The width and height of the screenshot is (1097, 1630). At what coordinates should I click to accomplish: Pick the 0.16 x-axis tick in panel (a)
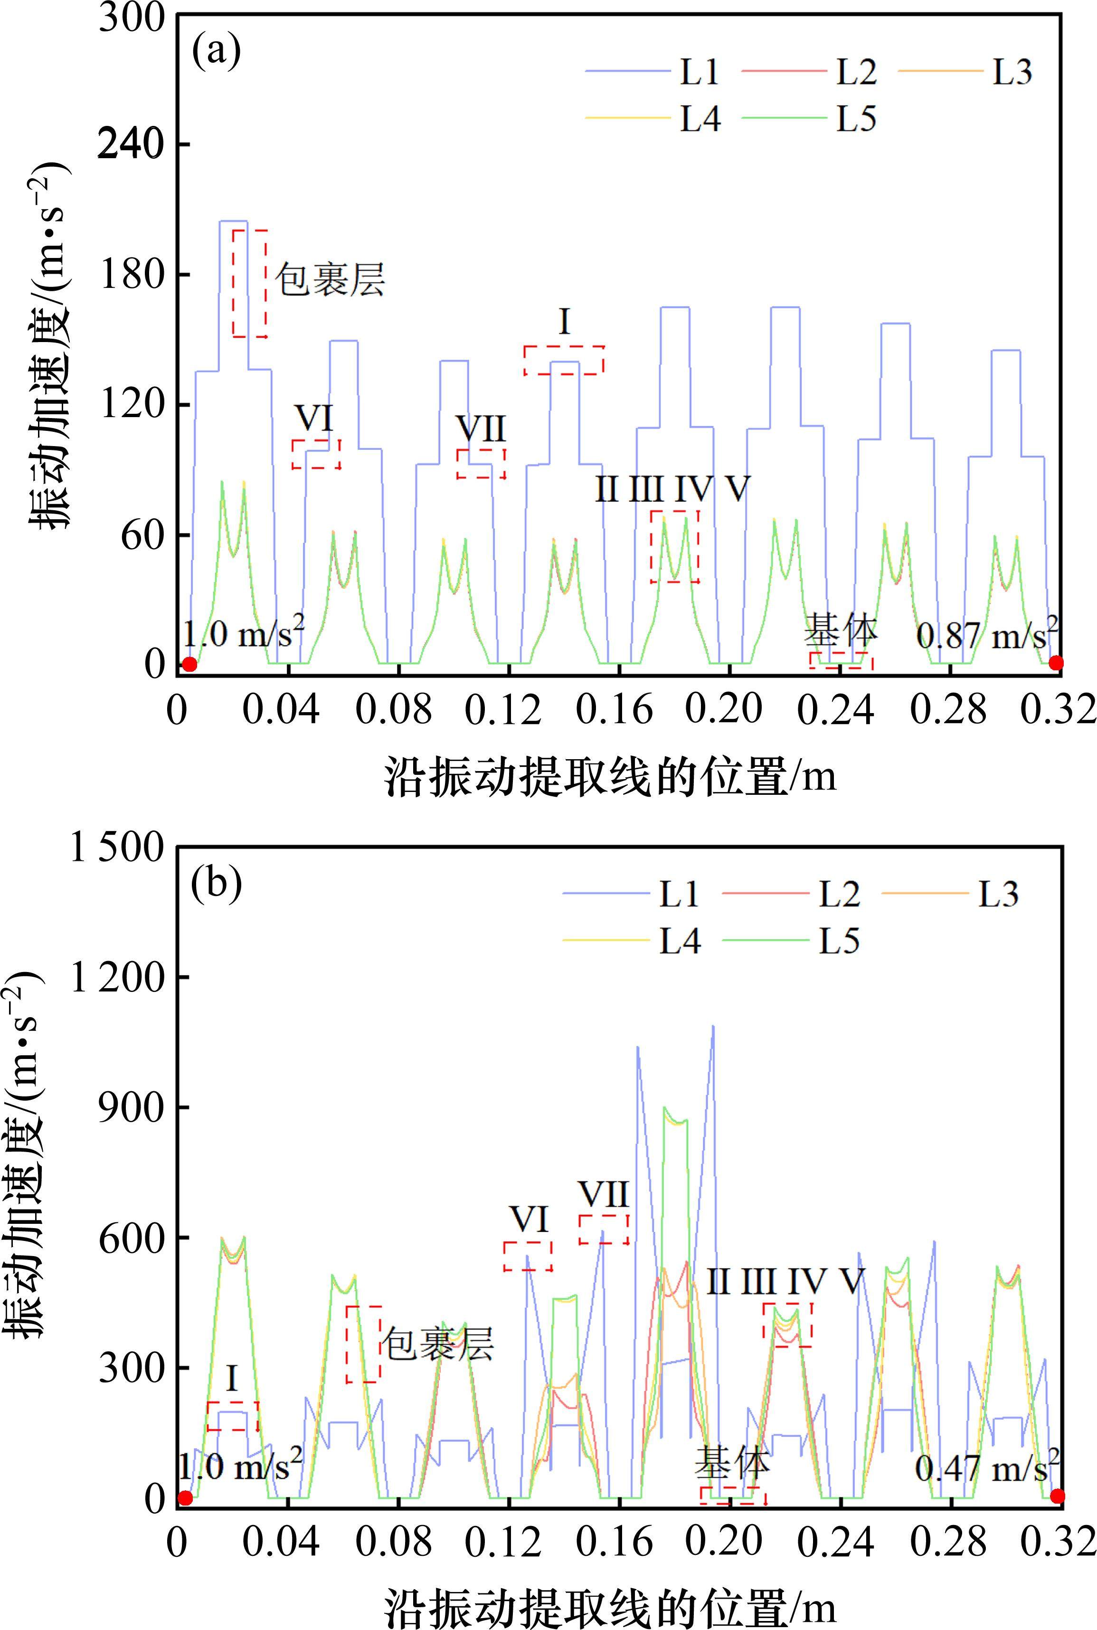614,710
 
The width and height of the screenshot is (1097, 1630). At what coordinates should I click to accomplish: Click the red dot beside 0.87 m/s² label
1056,663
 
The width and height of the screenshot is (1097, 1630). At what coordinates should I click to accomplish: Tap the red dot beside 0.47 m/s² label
1057,1496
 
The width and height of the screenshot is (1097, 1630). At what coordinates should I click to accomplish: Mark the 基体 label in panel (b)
732,1463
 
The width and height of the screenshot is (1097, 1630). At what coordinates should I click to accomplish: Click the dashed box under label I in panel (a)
564,360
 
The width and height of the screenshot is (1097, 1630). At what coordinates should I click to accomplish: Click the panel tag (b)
217,884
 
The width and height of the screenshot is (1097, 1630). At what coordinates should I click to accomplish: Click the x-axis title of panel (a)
610,777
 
